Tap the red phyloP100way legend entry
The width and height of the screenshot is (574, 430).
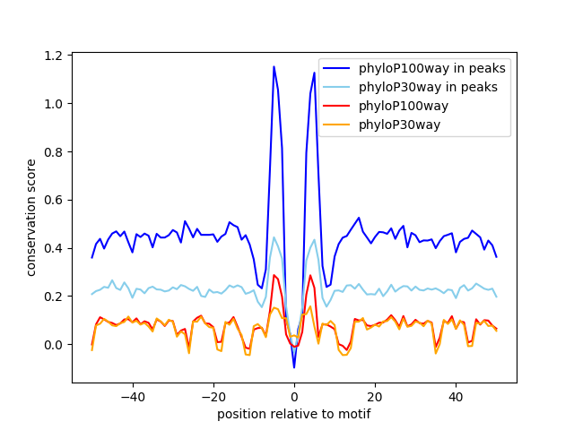[404, 106]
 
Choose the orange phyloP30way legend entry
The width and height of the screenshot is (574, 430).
[399, 125]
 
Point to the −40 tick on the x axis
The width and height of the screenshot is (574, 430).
[133, 396]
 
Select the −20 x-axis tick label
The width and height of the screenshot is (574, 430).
[213, 396]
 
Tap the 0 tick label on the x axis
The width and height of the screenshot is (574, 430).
[294, 396]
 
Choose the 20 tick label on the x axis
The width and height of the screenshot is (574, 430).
[375, 396]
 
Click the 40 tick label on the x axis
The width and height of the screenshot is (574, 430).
[456, 396]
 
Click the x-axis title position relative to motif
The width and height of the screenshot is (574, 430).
[293, 414]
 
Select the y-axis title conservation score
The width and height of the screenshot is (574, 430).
[31, 217]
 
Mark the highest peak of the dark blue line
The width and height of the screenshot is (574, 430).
[274, 66]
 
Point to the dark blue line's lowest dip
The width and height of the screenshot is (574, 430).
[294, 367]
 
